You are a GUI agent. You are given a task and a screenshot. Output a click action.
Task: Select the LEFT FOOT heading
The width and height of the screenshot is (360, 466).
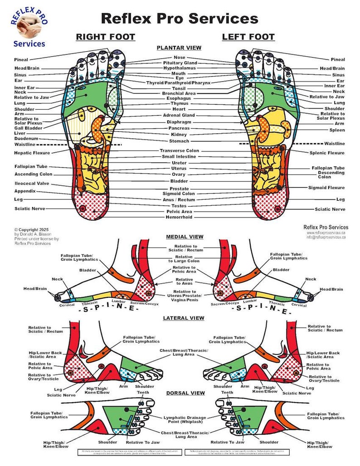(x=248, y=37)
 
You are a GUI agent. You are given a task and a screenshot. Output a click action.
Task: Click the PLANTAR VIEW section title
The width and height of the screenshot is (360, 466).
(x=179, y=48)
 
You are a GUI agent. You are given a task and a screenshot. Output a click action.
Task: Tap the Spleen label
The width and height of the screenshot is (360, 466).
(x=337, y=130)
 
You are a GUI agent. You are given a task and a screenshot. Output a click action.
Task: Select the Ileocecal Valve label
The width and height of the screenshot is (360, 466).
(x=31, y=184)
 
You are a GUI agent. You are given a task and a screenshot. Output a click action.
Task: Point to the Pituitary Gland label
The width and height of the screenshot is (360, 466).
(x=180, y=63)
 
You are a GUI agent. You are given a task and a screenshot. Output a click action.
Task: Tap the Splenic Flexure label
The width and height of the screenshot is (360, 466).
(x=326, y=153)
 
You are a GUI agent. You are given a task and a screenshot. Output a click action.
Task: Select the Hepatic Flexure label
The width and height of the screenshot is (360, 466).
(x=32, y=153)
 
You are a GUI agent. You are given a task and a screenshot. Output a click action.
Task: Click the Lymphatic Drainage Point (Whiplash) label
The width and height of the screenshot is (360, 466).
(x=187, y=419)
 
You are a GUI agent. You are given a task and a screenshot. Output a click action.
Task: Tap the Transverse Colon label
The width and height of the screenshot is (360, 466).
(x=179, y=150)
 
